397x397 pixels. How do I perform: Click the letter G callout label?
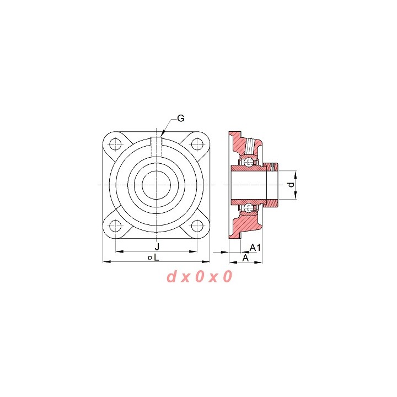pos(180,118)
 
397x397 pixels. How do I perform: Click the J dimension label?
pos(157,246)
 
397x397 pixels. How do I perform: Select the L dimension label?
pos(157,257)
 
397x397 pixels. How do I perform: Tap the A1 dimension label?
pos(255,248)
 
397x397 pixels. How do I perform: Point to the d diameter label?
pos(292,185)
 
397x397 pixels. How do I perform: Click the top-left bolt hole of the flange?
pos(115,144)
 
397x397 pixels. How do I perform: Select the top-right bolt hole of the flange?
pos(197,144)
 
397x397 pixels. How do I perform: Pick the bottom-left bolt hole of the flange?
pos(115,226)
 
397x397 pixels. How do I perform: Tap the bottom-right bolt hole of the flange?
pos(197,226)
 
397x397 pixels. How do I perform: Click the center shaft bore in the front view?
pos(156,185)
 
